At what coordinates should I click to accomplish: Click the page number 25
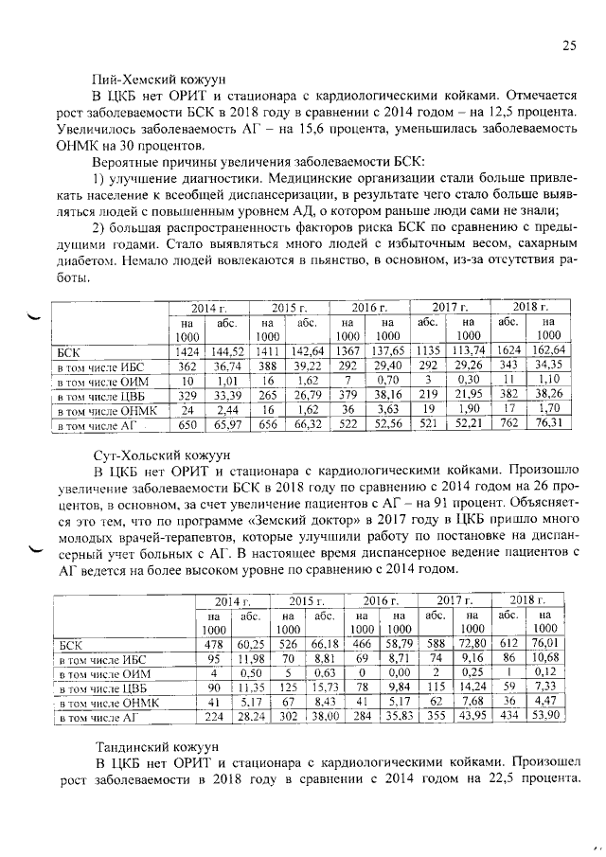tap(569, 45)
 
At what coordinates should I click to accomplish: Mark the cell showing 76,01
tap(544, 644)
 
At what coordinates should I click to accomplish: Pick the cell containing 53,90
tap(544, 718)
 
